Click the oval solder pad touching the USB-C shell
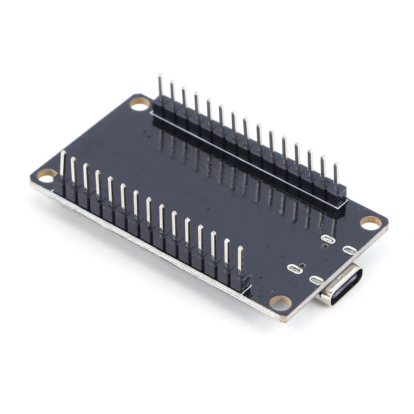click(316, 280)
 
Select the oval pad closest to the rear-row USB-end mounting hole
click(350, 250)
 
